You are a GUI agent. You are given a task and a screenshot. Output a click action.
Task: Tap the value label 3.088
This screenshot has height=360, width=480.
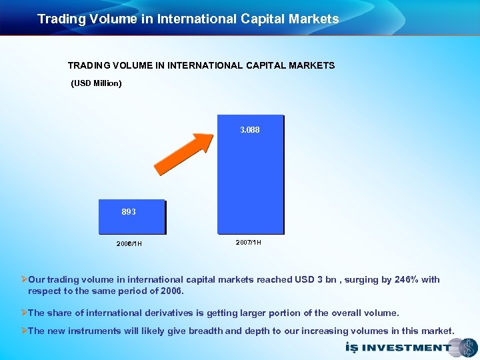tap(250, 130)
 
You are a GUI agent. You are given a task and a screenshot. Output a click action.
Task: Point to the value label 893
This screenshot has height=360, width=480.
tap(129, 211)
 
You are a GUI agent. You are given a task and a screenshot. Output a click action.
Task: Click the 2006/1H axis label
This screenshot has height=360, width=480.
tap(129, 243)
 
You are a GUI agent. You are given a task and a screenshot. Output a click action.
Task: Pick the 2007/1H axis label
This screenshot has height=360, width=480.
tap(248, 242)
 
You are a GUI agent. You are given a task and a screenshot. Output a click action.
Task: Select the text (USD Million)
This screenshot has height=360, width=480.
tap(96, 83)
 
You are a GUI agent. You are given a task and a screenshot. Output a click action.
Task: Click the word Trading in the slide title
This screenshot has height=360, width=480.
tap(60, 19)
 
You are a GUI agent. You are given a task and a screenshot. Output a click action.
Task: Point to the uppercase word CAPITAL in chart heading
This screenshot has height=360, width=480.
tap(262, 65)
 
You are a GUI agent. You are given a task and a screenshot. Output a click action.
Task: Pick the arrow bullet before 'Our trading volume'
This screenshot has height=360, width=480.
tap(24, 279)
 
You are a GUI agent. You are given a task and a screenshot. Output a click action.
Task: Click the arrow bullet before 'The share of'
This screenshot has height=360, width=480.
tap(24, 313)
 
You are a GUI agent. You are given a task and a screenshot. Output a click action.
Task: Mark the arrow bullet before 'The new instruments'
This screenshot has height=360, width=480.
tap(24, 331)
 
